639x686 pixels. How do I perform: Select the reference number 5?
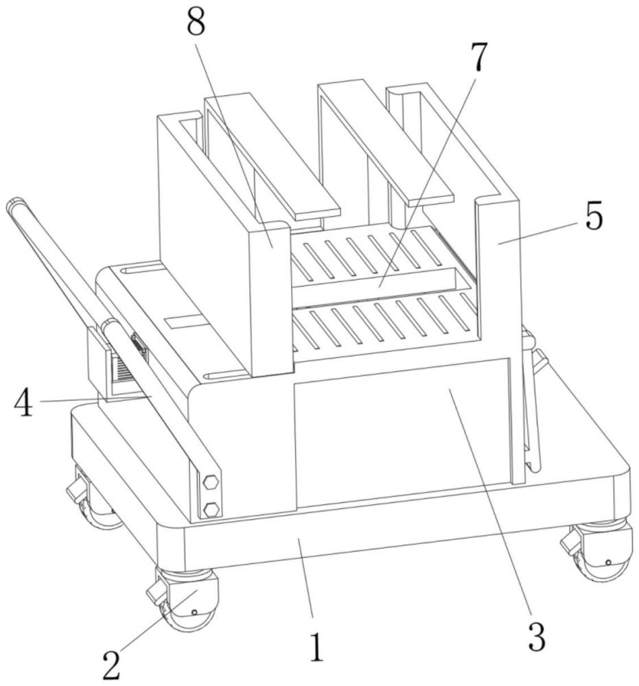pyautogui.click(x=593, y=217)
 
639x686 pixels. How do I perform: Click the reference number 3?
pyautogui.click(x=536, y=637)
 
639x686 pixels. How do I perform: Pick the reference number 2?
pyautogui.click(x=113, y=663)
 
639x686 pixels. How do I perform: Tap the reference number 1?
pyautogui.click(x=316, y=646)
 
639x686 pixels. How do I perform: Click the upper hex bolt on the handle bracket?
pyautogui.click(x=211, y=482)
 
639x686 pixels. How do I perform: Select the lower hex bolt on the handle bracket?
pyautogui.click(x=212, y=508)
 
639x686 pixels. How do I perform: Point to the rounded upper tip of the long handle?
pyautogui.click(x=14, y=204)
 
